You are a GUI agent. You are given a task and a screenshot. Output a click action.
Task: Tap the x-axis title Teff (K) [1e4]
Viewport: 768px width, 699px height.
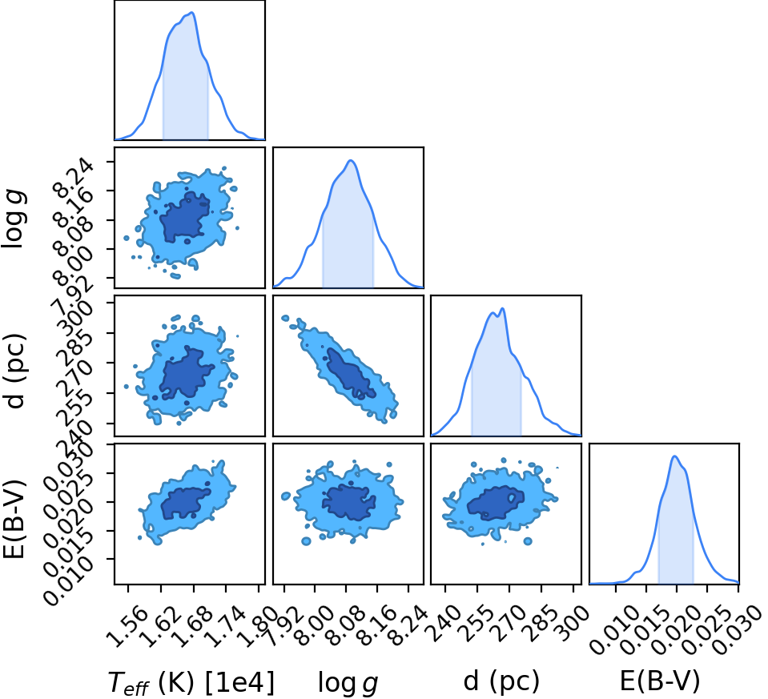pos(191,682)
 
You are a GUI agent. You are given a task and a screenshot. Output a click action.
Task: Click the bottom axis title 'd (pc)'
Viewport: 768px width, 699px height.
pos(501,681)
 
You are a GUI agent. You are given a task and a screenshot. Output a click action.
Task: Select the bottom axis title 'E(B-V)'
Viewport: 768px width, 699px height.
pos(660,681)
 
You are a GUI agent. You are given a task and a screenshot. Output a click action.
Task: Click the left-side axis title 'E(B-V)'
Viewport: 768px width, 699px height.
pos(14,514)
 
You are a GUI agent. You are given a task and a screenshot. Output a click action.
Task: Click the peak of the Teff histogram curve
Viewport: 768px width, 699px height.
pos(192,13)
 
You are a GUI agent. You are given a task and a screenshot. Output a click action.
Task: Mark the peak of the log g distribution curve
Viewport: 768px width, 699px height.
pos(351,160)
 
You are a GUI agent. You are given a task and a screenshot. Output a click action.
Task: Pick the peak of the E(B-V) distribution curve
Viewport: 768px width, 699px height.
pos(674,456)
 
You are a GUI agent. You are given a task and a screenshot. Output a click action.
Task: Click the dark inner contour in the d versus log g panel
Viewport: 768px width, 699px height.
pos(350,373)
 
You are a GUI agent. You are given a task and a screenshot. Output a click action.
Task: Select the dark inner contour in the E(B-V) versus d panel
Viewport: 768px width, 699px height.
pos(495,503)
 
